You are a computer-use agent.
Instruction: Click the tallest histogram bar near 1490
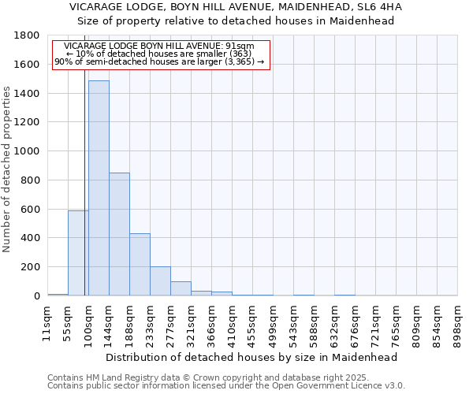pos(99,189)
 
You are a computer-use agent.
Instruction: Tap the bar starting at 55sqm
pos(78,253)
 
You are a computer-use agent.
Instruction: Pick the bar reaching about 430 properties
pos(140,265)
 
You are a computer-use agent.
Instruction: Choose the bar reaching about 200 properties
pos(160,281)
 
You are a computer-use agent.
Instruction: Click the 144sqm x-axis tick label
pos(109,323)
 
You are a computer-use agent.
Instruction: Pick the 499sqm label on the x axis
pos(273,323)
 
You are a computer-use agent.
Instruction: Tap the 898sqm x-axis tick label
pos(457,323)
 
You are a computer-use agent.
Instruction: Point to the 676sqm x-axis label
pos(355,323)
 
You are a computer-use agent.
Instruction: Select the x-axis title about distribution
pos(251,357)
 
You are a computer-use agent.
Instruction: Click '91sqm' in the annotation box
pos(240,46)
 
